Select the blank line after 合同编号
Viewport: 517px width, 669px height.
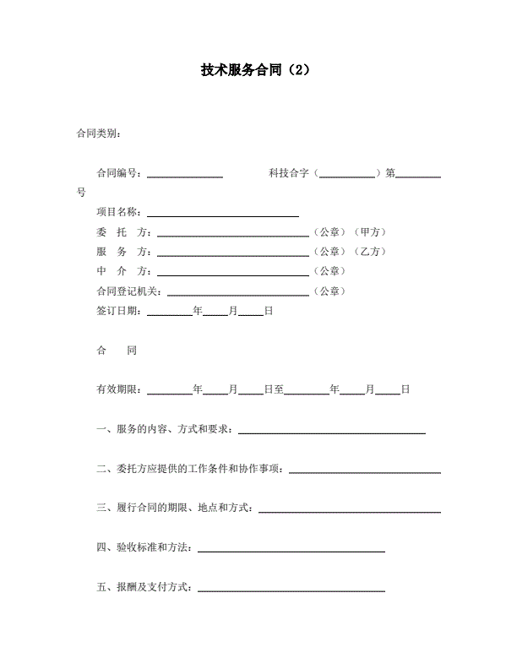coord(185,176)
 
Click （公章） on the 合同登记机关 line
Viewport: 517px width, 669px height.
coord(329,291)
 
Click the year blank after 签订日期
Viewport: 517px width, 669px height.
coord(171,313)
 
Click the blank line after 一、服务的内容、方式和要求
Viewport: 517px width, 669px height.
coord(331,432)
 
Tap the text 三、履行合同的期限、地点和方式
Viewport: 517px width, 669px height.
coord(175,509)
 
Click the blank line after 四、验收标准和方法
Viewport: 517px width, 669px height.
coord(291,550)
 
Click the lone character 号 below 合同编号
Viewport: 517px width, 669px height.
coord(81,193)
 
